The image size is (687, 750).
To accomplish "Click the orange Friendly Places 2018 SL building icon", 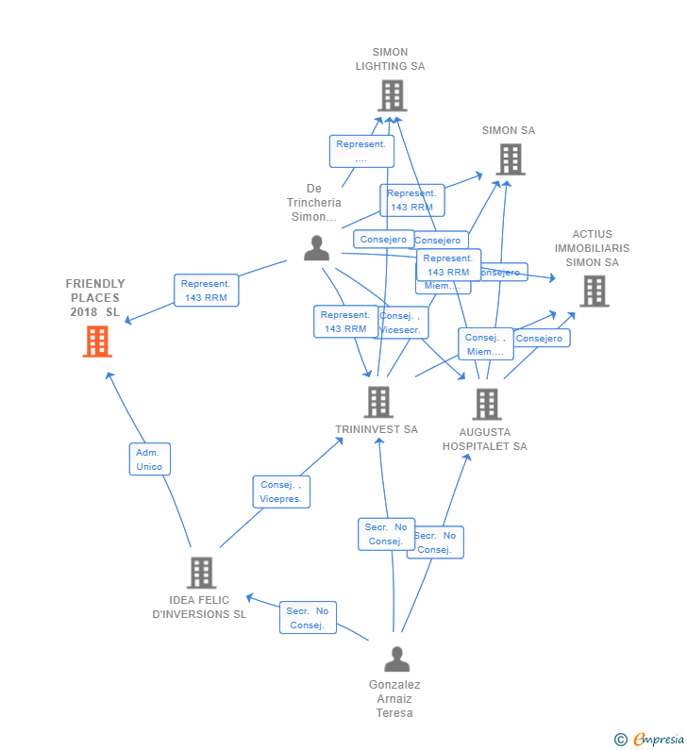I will [97, 342].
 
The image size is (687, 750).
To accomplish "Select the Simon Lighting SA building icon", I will [392, 95].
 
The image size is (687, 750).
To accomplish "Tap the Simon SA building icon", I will [511, 159].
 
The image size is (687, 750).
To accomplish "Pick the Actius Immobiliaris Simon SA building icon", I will [595, 292].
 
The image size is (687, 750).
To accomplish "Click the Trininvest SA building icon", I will [377, 402].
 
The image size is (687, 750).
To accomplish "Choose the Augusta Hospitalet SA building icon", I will [486, 404].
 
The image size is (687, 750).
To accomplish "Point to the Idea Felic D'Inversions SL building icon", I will [201, 573].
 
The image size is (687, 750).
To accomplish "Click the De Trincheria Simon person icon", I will [317, 248].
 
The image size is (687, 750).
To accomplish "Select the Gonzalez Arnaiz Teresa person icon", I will [397, 658].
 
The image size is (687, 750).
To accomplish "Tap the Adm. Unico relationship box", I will [149, 459].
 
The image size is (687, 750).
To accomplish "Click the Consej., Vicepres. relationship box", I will [281, 492].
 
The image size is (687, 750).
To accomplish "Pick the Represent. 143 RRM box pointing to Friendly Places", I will [206, 291].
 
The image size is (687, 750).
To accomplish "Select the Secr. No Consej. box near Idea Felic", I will [308, 618].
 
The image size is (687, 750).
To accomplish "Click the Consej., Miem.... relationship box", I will [486, 344].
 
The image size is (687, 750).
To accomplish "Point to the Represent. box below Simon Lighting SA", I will [361, 151].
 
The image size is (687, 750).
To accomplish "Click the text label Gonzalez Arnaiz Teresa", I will [394, 699].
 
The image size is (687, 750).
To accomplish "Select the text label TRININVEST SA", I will [377, 429].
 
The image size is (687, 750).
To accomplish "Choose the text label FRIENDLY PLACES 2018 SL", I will [95, 297].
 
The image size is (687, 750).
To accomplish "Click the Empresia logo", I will [650, 740].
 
